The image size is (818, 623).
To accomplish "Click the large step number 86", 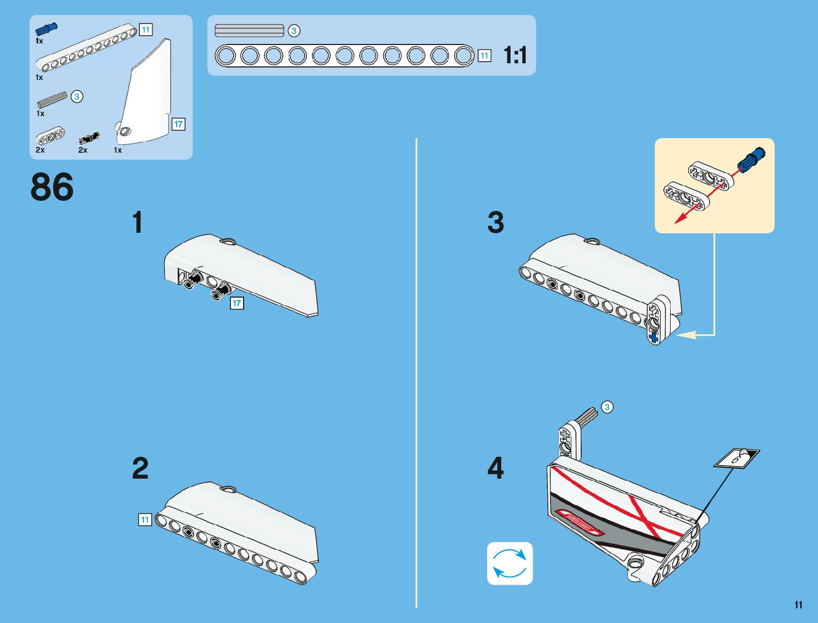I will click(52, 187).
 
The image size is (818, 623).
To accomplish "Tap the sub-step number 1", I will click(137, 223).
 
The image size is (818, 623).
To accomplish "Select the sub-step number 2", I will click(140, 468).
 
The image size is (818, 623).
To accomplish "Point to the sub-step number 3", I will click(496, 223).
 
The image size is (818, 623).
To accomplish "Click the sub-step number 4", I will click(496, 468).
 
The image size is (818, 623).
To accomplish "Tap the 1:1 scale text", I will click(515, 55).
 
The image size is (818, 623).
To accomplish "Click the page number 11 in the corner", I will click(798, 605).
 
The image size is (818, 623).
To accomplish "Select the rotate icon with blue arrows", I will click(510, 563).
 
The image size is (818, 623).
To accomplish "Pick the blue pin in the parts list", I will click(47, 29).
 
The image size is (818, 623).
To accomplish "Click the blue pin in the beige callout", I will click(751, 158).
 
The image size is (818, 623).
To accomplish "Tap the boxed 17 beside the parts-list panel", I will click(179, 124).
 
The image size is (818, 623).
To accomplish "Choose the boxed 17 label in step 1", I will click(237, 303).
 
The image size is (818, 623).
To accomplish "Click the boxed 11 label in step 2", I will click(145, 519).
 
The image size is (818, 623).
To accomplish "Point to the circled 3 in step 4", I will click(607, 407).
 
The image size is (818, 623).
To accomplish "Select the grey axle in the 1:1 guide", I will click(249, 31).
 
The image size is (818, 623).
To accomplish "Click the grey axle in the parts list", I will click(52, 100).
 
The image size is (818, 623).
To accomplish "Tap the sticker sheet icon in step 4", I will click(737, 459).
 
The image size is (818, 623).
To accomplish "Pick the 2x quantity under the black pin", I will click(83, 150).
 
